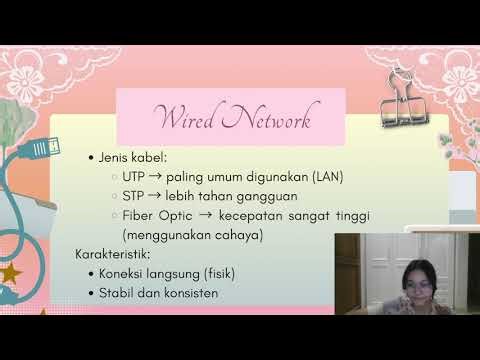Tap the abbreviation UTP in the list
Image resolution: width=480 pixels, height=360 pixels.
click(136, 177)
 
